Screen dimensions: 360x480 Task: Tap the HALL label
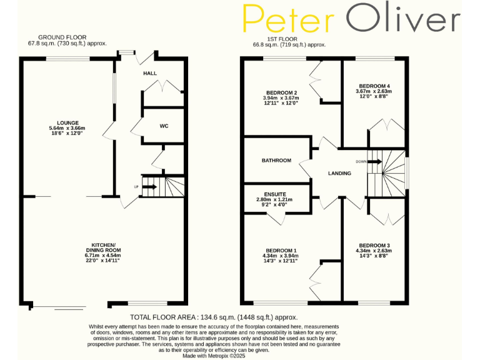coord(150,73)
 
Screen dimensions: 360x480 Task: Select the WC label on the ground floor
coord(164,126)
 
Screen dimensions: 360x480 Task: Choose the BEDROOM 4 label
coord(374,86)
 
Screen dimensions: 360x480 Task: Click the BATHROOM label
coord(276,161)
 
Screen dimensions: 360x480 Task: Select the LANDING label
coord(340,173)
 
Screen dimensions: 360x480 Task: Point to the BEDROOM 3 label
coord(374,245)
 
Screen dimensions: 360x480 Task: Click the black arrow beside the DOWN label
coord(374,161)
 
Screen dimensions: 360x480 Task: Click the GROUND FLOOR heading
coord(62,37)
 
